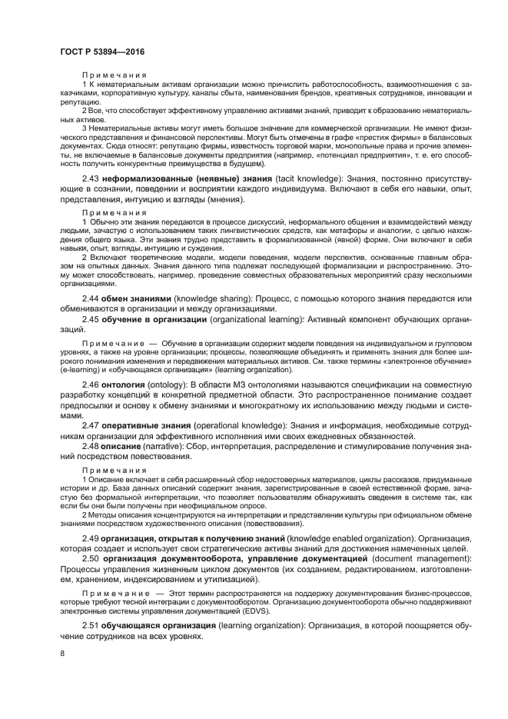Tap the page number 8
point(62,654)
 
